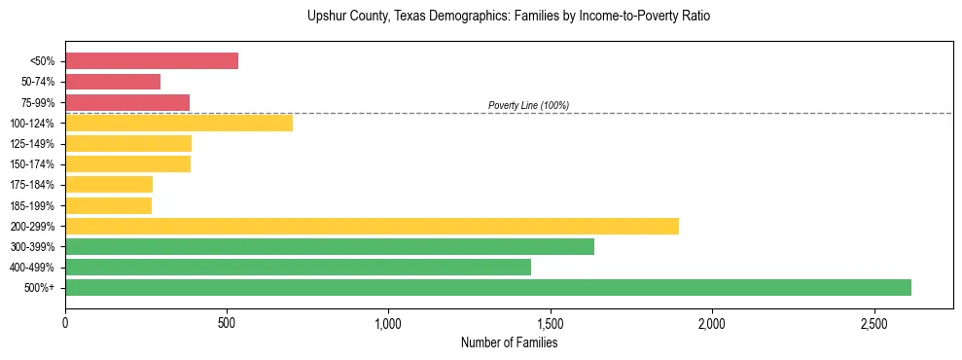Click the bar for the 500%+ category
(x=487, y=287)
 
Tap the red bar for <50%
(x=152, y=60)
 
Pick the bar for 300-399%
(x=330, y=246)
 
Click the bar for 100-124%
(x=179, y=123)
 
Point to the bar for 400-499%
(x=298, y=267)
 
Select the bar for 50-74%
(x=113, y=81)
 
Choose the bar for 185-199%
(x=108, y=205)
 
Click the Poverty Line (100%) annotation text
(x=528, y=105)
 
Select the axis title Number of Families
(x=509, y=342)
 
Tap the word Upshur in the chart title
(x=326, y=17)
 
